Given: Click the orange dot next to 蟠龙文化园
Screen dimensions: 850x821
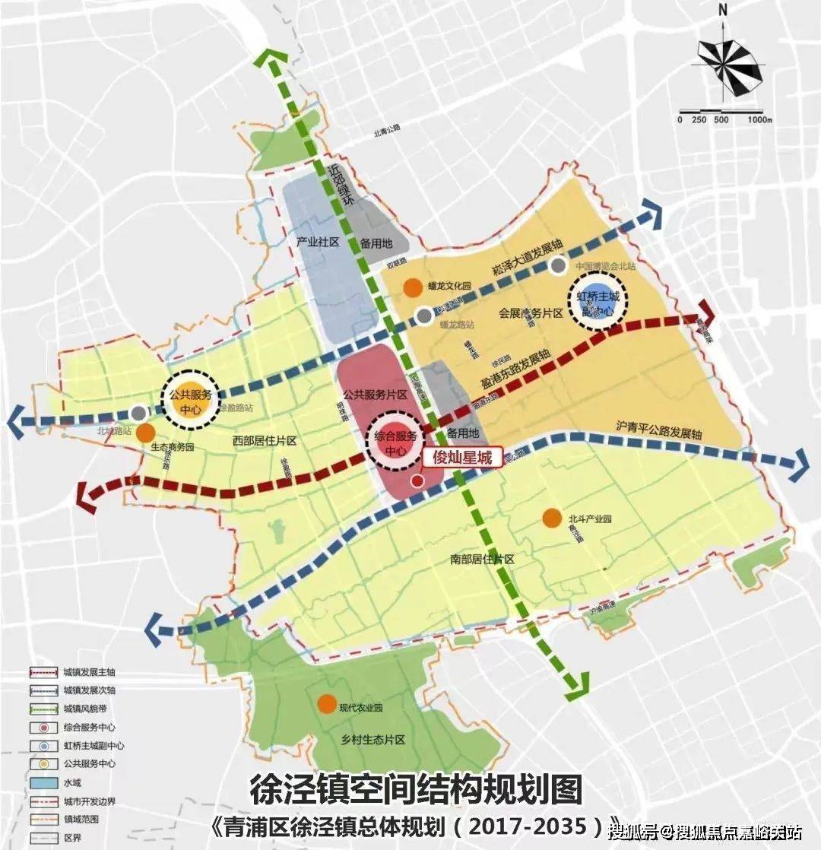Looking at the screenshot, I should (x=413, y=287).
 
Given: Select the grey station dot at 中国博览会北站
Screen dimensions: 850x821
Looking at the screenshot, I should (x=559, y=266).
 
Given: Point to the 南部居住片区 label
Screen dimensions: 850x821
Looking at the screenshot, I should (x=482, y=559).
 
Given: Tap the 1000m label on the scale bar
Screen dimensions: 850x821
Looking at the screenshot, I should (x=759, y=120).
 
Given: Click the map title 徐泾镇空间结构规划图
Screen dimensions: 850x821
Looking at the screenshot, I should (x=416, y=791).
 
